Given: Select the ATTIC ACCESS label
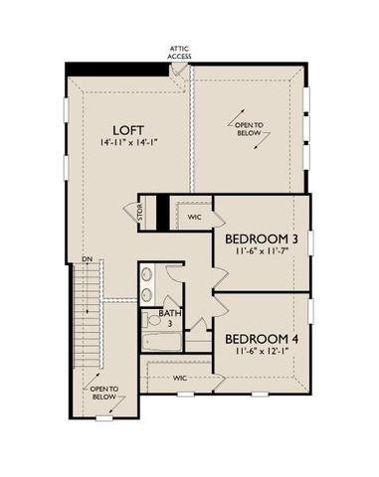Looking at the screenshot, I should point(179,53).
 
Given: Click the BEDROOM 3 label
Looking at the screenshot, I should point(262,239).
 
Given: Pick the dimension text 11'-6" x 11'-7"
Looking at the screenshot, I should point(262,254).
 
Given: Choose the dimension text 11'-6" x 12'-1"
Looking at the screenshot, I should point(262,351).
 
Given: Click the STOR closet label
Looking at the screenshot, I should point(141,214).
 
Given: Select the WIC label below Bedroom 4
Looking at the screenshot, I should point(180,378).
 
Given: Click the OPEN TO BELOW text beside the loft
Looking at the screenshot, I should point(250,130).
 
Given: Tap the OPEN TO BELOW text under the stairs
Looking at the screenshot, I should point(104,393).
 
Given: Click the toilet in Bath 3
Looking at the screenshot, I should point(152,319).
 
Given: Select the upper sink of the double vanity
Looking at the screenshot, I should point(146,275).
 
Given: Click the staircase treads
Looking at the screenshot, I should point(87,318).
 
